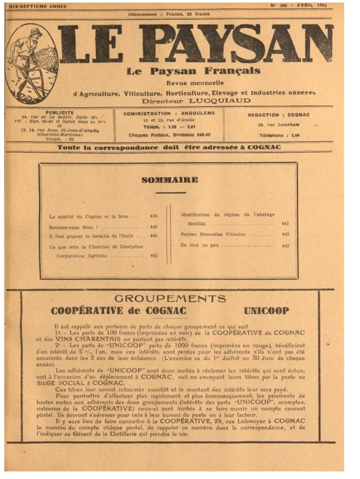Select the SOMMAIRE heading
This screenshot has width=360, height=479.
[x=169, y=180]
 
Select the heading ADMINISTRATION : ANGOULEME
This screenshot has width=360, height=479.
[x=169, y=113]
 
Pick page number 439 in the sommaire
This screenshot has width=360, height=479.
[x=153, y=216]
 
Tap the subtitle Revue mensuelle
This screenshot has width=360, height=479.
[x=194, y=81]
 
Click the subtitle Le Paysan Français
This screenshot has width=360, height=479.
[x=194, y=70]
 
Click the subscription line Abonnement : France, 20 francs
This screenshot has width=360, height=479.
[x=169, y=14]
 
